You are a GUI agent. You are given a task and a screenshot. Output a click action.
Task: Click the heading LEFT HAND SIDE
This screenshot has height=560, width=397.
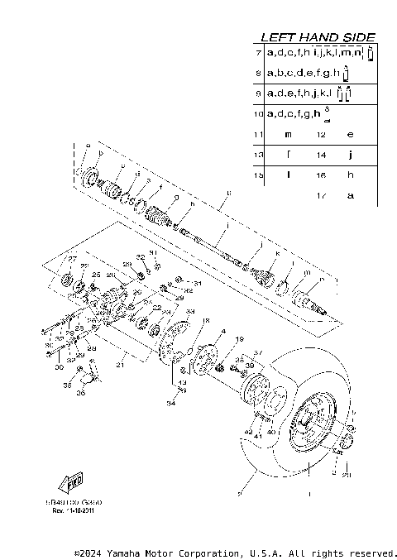318,37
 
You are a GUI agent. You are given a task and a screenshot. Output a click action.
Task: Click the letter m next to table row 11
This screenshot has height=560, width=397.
288,133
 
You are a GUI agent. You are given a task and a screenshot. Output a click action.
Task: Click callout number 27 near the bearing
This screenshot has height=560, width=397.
71,260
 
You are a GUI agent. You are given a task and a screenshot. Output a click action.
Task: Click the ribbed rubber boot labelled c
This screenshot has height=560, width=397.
108,194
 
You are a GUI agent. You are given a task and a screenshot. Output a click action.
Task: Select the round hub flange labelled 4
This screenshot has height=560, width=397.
202,361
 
